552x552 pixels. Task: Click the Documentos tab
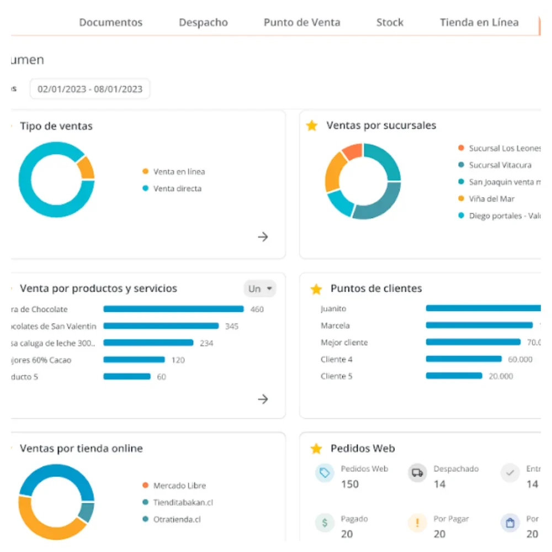coord(110,23)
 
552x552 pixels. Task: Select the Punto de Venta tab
coord(302,23)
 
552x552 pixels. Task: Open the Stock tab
coord(390,23)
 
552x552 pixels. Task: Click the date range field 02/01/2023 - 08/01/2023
coord(90,89)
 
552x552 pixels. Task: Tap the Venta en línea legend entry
coord(178,172)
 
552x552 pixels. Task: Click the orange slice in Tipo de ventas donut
coord(86,167)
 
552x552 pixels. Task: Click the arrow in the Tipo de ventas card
coord(263,237)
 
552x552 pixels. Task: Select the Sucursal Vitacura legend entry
coord(500,165)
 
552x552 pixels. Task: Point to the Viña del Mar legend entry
coord(491,199)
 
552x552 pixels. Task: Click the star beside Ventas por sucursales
coord(312,126)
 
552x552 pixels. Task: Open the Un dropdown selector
coord(260,289)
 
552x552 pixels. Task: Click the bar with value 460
coord(173,309)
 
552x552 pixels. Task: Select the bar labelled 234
coord(148,343)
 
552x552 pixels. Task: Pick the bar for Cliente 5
coord(454,376)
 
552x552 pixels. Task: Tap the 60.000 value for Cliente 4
coord(520,359)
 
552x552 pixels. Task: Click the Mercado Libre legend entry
coord(179,486)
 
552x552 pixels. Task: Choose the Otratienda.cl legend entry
coord(177,519)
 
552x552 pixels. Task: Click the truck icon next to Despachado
coord(417,473)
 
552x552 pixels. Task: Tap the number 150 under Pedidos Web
coord(350,484)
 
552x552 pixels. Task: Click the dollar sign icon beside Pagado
coord(324,523)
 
